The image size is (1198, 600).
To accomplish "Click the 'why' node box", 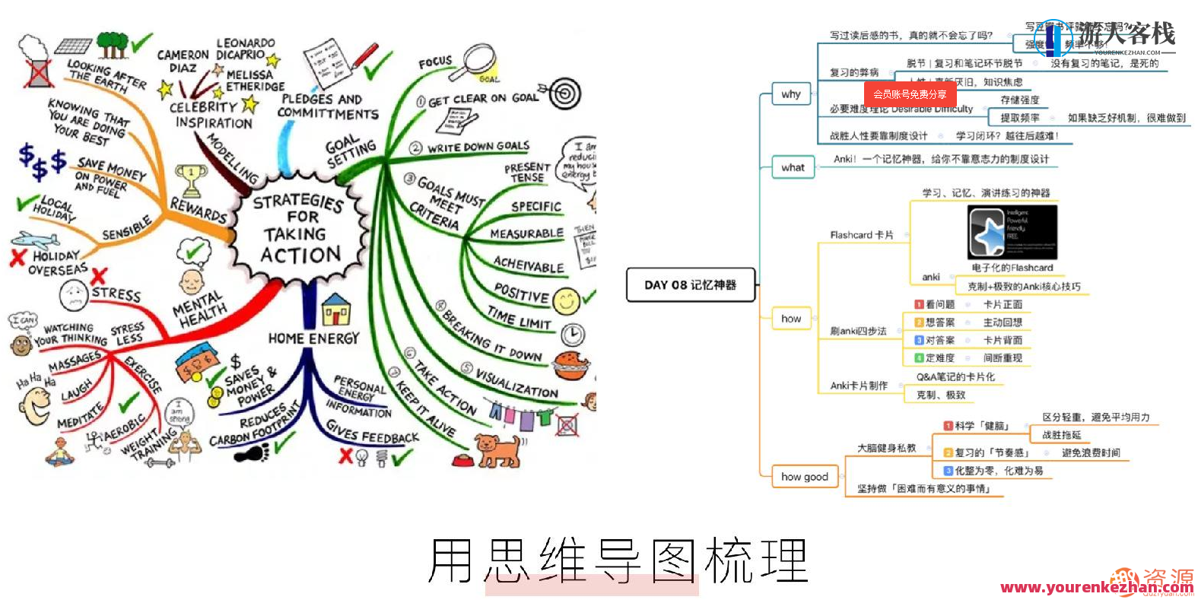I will tap(792, 94).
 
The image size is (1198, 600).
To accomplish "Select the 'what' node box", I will tap(793, 167).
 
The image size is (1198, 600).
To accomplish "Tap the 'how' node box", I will tap(792, 319).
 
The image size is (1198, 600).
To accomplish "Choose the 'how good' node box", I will tap(804, 477).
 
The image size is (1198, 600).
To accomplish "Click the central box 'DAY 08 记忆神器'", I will tap(690, 285).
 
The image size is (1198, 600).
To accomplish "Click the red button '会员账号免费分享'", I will tap(910, 94).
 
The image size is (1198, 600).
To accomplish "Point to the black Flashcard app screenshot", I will tap(1012, 232).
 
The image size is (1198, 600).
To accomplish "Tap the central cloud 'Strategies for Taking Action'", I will tap(299, 228).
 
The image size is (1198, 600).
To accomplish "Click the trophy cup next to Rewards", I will tap(190, 180).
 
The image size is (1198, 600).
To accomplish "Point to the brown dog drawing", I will tap(496, 449).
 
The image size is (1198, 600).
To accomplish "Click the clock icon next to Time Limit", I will tap(573, 335).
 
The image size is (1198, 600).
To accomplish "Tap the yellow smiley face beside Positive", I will tap(566, 301).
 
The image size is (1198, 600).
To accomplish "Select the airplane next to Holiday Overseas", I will tap(36, 240).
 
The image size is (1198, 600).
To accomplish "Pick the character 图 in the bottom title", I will tap(674, 561).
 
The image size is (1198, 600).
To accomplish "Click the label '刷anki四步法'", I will tap(858, 331).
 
